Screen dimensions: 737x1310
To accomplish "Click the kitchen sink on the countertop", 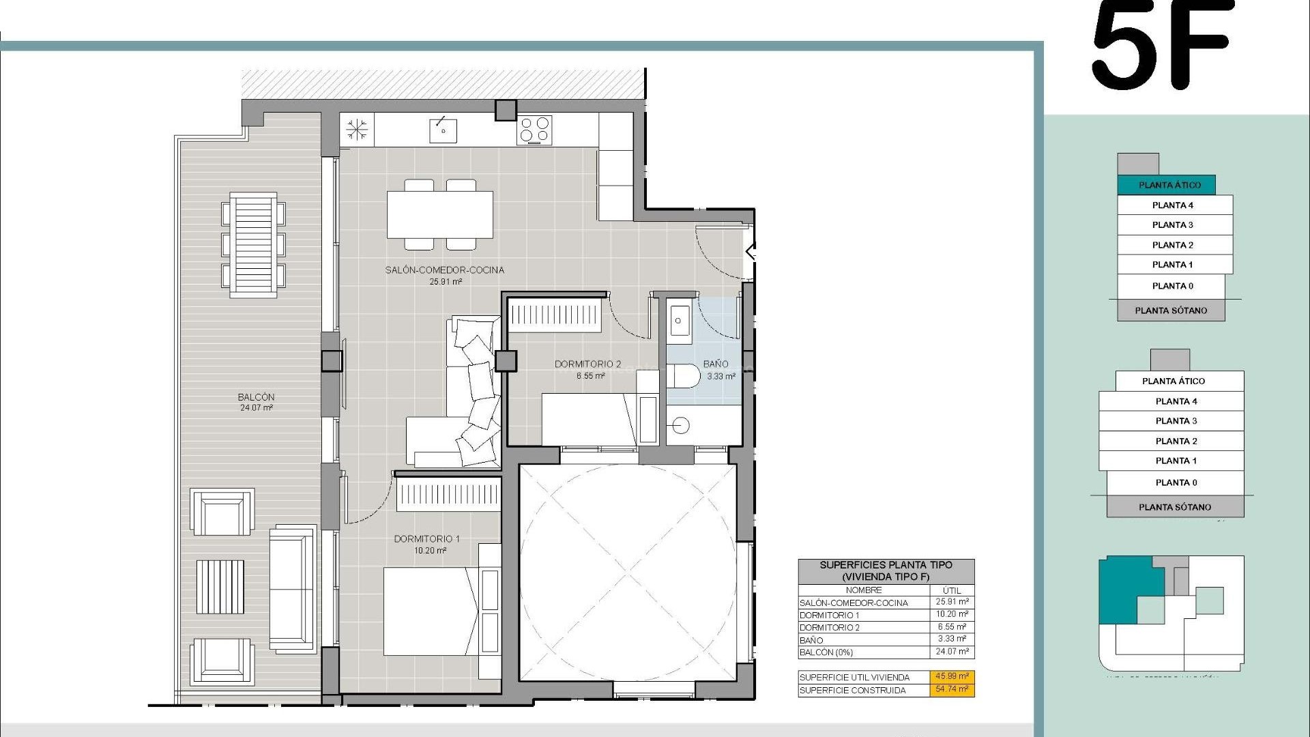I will tap(443, 130).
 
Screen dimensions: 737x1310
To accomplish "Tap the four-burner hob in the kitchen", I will tap(534, 130).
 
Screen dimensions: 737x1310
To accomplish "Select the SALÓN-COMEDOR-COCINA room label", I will tap(444, 270).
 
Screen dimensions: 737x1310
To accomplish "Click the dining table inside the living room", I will tap(440, 214).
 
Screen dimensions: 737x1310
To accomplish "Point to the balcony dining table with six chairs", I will tap(253, 244).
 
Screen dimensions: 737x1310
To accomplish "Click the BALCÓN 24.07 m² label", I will tap(256, 402).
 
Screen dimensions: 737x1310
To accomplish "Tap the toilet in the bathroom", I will tap(684, 375).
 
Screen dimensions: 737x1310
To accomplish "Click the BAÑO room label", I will tap(716, 364).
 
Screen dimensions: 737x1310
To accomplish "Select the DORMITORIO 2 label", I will tap(587, 364).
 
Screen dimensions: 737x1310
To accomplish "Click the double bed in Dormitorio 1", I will tap(430, 611).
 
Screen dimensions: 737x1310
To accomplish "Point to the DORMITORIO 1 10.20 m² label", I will tap(427, 544).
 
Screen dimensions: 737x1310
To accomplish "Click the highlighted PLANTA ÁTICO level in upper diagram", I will tap(1169, 185).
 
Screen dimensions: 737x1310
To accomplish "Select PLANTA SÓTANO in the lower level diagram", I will tap(1174, 507).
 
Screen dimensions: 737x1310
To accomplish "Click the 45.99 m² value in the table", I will tap(952, 677).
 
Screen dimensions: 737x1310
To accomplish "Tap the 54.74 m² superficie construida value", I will tap(952, 689).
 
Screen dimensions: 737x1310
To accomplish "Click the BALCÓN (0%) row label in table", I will tap(826, 652).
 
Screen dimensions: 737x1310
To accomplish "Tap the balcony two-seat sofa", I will tap(292, 589).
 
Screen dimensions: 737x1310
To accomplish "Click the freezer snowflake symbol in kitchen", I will tap(356, 130).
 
